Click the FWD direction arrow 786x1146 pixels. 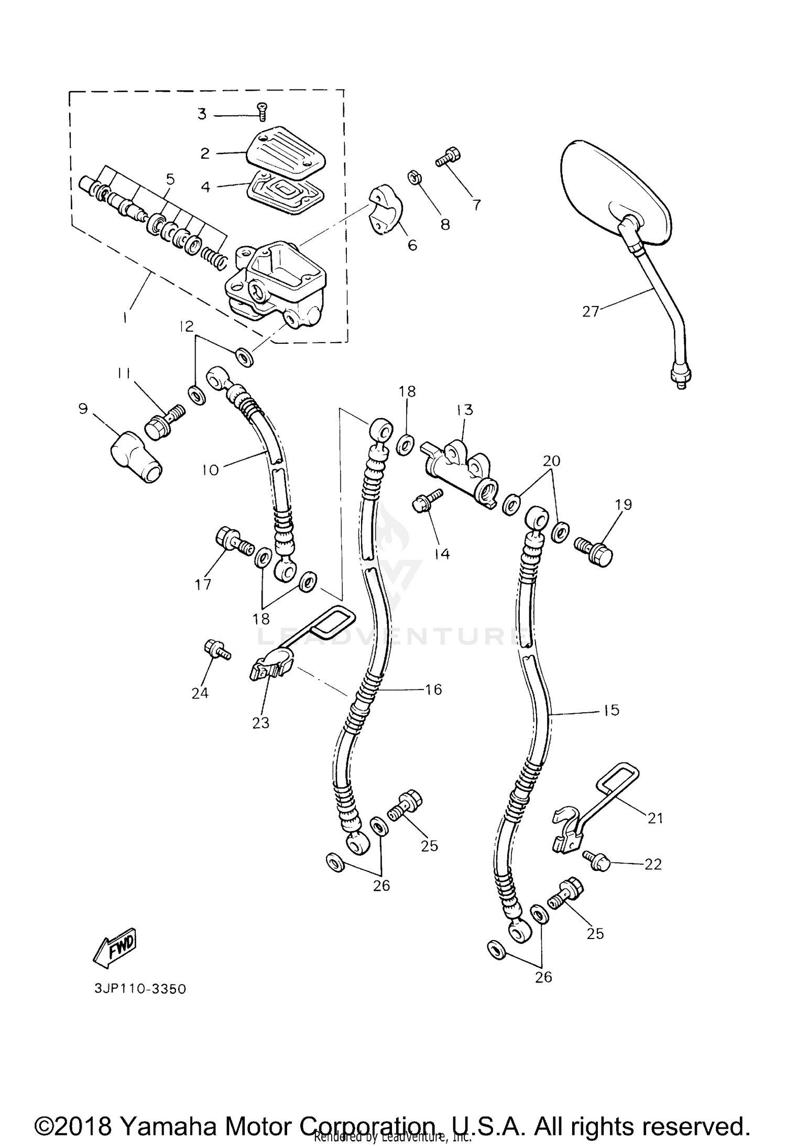(x=115, y=948)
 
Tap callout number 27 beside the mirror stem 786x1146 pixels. (x=591, y=311)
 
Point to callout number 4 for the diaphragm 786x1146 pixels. (x=205, y=187)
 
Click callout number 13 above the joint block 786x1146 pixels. (x=464, y=409)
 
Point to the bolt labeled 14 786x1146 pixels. (x=427, y=499)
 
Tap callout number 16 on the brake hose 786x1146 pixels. (x=434, y=689)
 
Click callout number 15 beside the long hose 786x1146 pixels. (x=611, y=711)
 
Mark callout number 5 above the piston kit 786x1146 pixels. (x=170, y=180)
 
